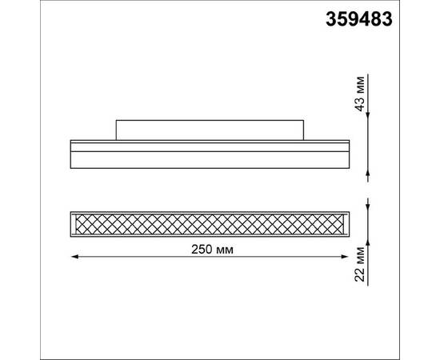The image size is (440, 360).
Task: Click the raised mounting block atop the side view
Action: (210, 128)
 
